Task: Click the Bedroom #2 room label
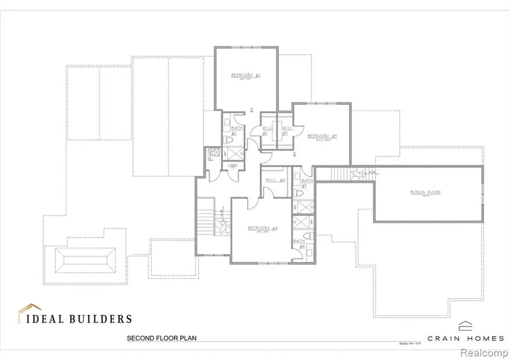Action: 245,75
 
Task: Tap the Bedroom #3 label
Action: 322,136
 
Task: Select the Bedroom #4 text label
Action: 262,228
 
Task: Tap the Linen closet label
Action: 232,166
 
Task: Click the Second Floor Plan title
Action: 161,338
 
